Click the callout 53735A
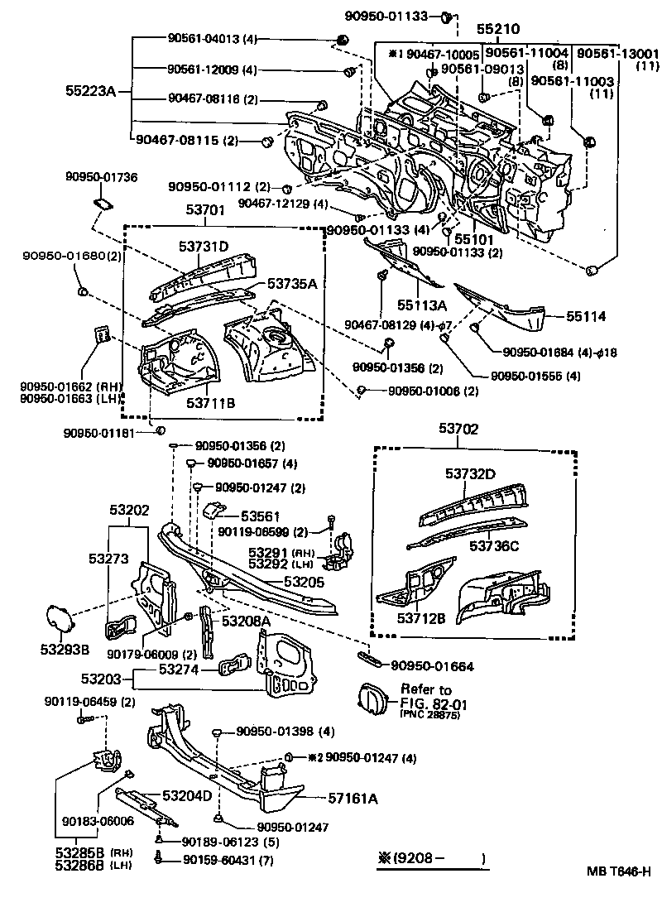293,283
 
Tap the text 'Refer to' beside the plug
425,689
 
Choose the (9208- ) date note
430,858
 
